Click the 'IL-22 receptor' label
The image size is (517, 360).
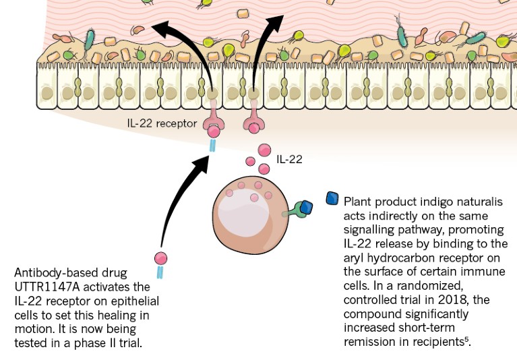click(x=162, y=123)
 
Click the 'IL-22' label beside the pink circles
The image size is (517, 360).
click(x=289, y=159)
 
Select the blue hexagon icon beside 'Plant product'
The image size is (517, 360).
click(x=332, y=198)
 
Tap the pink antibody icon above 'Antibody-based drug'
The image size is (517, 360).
click(x=160, y=258)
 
